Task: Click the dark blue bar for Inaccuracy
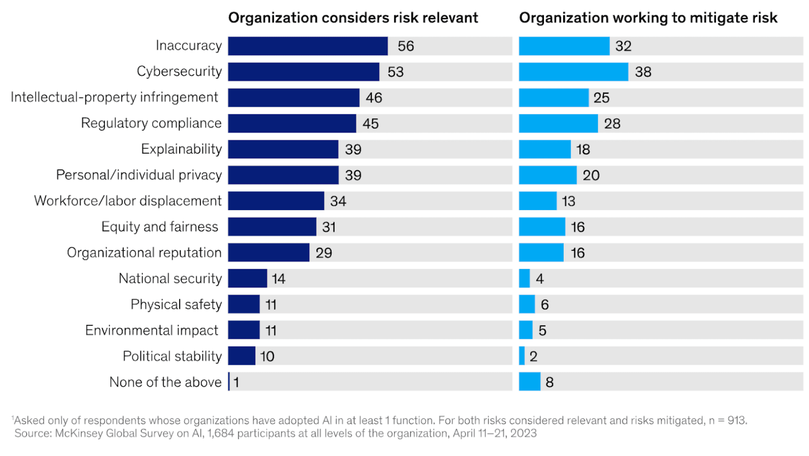[x=308, y=46]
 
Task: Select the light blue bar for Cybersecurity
[x=573, y=72]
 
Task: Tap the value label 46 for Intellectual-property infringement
[x=374, y=98]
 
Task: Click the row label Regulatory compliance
[x=151, y=123]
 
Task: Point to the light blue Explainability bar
[x=544, y=149]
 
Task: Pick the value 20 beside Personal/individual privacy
[x=591, y=175]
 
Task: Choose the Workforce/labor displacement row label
[x=128, y=201]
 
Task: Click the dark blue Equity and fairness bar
[x=272, y=227]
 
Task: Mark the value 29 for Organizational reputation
[x=324, y=253]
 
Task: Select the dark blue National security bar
[x=247, y=279]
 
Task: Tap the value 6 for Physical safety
[x=544, y=305]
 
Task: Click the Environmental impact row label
[x=152, y=330]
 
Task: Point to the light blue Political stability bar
[x=522, y=356]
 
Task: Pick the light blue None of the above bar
[x=530, y=382]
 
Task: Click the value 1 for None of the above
[x=236, y=382]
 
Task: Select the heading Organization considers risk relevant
[x=353, y=18]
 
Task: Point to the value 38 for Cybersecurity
[x=643, y=72]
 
